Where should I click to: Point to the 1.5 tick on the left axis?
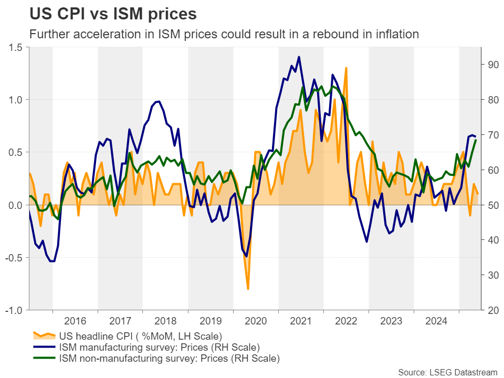coord(17,47)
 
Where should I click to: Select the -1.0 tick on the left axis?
coord(15,310)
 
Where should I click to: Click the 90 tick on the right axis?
coord(492,65)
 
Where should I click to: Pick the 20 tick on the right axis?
coord(492,310)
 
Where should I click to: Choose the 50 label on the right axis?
coord(492,205)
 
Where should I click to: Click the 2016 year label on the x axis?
coord(75,320)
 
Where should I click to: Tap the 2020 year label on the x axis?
coord(256,320)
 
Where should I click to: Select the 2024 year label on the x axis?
coord(436,320)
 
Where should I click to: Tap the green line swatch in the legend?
coord(44,359)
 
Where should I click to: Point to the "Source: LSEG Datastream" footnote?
coord(447,372)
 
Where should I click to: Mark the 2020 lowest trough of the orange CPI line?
coord(248,289)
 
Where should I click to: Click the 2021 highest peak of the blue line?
coord(299,57)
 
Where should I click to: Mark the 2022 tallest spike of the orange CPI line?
coord(346,68)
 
